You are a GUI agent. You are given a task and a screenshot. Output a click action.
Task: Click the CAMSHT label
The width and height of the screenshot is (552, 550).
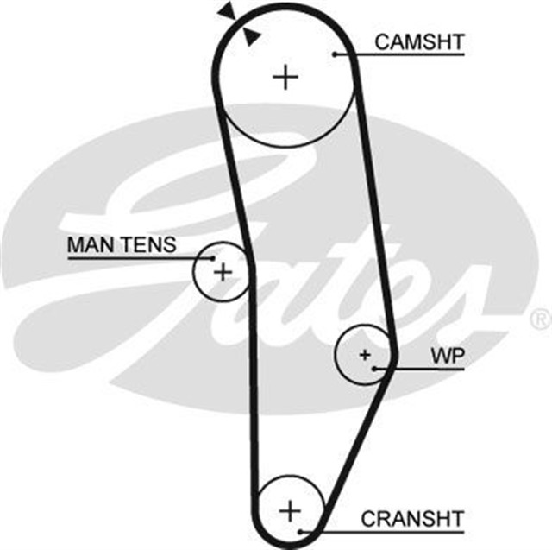pyautogui.click(x=420, y=41)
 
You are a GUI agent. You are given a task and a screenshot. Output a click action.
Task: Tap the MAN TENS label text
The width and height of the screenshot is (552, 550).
pyautogui.click(x=122, y=245)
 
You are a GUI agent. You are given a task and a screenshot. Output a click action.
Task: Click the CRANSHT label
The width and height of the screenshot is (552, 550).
pyautogui.click(x=412, y=518)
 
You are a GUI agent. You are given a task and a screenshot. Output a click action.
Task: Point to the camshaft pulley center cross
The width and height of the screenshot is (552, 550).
pyautogui.click(x=285, y=79)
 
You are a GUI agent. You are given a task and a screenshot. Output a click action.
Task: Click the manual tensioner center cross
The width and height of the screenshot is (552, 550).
pyautogui.click(x=223, y=272)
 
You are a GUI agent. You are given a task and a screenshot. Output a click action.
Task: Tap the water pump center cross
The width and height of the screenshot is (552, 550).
pyautogui.click(x=364, y=354)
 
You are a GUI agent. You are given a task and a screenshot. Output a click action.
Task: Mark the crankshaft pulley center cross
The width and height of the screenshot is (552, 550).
pyautogui.click(x=291, y=507)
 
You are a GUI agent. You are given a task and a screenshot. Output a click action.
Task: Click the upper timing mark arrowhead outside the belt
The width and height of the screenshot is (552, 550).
pyautogui.click(x=227, y=10)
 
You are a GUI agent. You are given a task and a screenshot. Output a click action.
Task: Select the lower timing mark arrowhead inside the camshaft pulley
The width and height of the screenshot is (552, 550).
pyautogui.click(x=251, y=35)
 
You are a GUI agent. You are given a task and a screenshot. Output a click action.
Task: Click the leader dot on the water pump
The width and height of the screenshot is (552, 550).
pyautogui.click(x=375, y=368)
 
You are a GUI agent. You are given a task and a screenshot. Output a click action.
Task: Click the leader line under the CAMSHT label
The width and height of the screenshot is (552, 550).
pyautogui.click(x=405, y=55)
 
